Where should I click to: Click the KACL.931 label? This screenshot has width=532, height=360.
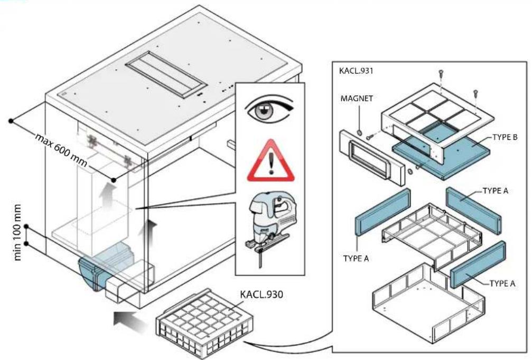356,71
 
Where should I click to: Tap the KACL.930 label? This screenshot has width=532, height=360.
262,294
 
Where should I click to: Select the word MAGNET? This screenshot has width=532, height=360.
357,98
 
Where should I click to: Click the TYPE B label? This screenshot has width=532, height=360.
505,137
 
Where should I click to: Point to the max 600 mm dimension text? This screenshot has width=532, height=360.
61,150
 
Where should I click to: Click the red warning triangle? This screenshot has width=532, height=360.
270,160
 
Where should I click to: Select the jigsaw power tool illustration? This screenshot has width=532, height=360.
270,229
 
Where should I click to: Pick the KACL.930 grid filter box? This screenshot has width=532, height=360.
205,323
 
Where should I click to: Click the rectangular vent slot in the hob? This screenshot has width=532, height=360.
166,75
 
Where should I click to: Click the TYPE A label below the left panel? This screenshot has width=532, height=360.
356,259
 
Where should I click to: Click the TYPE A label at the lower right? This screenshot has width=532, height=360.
502,283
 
